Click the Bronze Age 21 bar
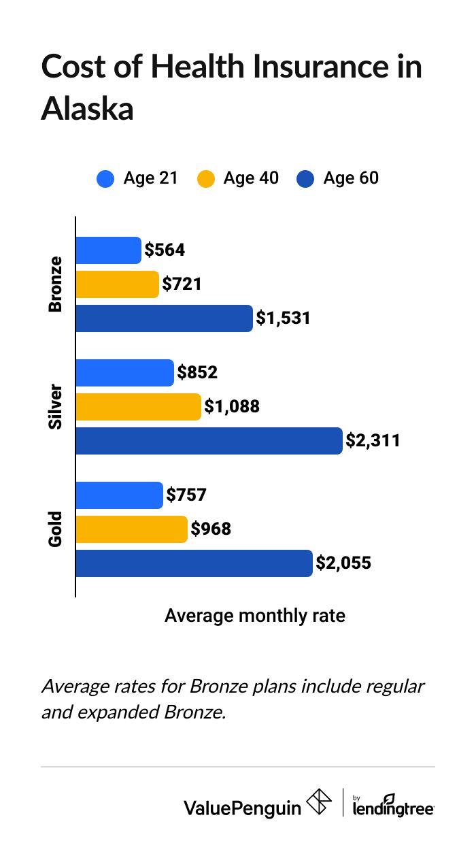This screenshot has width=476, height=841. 108,250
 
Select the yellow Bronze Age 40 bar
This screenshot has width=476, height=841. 117,284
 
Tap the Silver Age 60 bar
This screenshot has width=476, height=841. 209,441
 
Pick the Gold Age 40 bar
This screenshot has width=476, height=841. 131,529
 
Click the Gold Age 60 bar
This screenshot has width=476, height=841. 194,563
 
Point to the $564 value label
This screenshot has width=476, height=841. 165,250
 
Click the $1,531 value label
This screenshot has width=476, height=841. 283,318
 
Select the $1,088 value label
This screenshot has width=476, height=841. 232,407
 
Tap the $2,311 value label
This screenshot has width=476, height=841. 373,441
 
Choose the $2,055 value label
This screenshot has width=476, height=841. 343,563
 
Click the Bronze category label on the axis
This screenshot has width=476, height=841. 55,284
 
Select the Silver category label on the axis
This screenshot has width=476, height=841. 55,407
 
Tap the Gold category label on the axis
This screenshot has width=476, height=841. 55,529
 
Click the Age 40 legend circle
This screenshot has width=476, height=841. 205,179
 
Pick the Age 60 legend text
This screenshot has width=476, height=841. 351,178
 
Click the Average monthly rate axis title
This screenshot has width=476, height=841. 255,616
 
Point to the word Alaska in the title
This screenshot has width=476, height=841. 87,109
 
